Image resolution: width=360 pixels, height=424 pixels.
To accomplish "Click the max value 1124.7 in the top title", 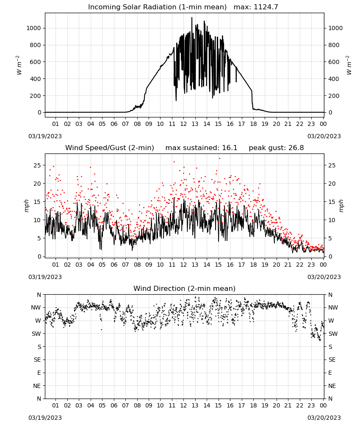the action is coord(266,7).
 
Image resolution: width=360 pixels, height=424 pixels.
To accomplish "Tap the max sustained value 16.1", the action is coord(230,148).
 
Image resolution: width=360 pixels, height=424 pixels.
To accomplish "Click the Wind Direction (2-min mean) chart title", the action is coord(185,288).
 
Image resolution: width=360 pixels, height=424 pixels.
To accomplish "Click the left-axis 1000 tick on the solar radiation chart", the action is coord(33,28).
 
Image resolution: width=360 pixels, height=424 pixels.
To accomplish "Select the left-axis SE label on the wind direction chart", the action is coord(37,360).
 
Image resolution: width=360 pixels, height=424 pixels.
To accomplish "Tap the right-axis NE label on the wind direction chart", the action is coord(332,386).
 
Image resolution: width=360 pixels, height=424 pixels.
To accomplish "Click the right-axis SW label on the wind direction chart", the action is coord(333,334).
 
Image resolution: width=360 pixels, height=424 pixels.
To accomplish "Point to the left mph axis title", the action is coord(26,206).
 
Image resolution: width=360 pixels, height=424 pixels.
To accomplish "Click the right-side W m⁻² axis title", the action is coord(349,65).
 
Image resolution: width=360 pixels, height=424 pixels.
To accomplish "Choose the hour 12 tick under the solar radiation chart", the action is coord(183,124).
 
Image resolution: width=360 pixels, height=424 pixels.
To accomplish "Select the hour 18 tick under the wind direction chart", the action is coord(253,405).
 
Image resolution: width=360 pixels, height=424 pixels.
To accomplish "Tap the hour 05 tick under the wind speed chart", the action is coord(102,265).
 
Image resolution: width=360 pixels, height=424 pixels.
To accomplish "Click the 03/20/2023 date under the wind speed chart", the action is coord(324,277).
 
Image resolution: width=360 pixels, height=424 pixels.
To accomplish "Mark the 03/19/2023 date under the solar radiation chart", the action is coord(45,136).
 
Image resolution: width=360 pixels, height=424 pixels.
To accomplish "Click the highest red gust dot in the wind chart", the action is coord(219,159).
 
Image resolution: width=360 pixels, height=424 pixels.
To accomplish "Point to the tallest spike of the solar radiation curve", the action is coord(192,17).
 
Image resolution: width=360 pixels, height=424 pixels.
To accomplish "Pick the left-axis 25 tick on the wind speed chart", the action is coord(37,165).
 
